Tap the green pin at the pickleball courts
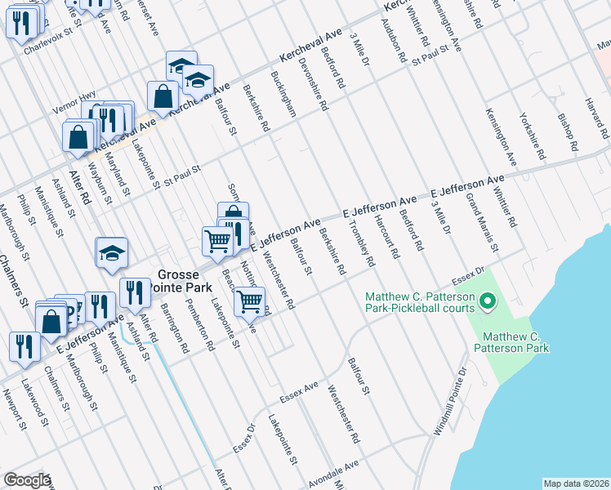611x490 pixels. click(x=488, y=303)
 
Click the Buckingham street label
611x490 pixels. click(x=283, y=96)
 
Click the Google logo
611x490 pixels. click(x=27, y=480)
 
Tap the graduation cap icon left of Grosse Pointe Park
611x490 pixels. click(x=112, y=253)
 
